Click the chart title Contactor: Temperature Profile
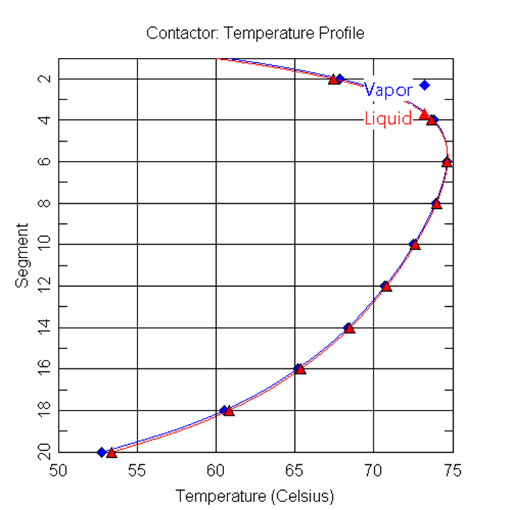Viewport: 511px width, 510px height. (x=255, y=33)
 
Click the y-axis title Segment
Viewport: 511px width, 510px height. (x=22, y=255)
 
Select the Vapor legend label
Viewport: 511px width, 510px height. (x=388, y=90)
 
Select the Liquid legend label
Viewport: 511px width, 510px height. (x=388, y=119)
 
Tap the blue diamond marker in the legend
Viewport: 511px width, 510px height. (x=424, y=85)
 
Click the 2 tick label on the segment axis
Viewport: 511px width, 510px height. (x=44, y=79)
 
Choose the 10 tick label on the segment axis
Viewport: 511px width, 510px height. (x=44, y=245)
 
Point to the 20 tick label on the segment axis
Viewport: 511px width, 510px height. (x=44, y=452)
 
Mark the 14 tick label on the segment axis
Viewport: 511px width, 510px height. (x=44, y=328)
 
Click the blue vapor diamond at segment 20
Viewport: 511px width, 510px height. (x=102, y=452)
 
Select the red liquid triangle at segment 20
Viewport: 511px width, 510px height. (x=112, y=453)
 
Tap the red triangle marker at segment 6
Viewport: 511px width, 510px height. (x=447, y=162)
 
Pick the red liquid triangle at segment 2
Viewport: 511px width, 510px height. (x=334, y=79)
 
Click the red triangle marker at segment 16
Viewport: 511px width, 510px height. (x=300, y=369)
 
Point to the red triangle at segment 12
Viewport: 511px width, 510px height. (x=386, y=286)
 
